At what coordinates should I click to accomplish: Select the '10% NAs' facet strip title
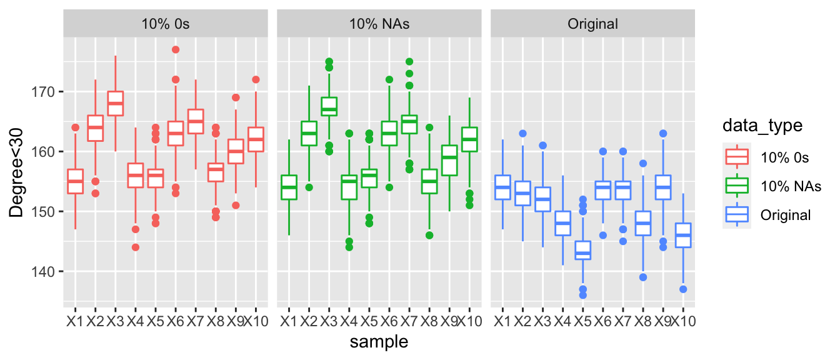coord(379,24)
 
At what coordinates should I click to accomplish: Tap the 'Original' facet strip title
coord(592,24)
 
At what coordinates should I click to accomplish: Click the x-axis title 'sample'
coord(379,341)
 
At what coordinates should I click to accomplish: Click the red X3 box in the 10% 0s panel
coord(115,104)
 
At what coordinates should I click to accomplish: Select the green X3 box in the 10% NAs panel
coord(329,107)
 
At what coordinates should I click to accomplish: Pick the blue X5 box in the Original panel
coord(582,250)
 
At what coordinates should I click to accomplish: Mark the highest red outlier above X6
coord(176,50)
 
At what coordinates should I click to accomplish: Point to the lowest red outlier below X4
coord(135,247)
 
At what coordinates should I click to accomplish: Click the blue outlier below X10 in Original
coord(684,289)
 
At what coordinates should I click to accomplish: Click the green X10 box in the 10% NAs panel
coord(469,139)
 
